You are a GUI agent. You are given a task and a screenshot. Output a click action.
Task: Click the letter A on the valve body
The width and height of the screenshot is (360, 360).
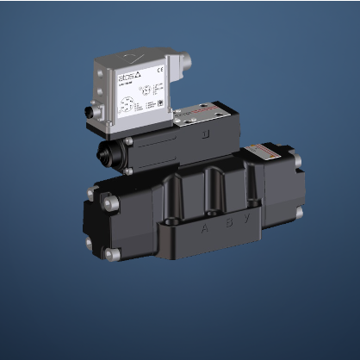pos(204,230)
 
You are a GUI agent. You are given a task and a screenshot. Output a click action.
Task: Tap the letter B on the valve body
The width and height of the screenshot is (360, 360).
pos(226,228)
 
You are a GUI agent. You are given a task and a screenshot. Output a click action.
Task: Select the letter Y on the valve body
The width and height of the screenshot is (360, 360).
pos(247,227)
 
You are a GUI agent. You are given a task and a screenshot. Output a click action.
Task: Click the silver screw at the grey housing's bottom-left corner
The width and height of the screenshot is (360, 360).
pos(127,140)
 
